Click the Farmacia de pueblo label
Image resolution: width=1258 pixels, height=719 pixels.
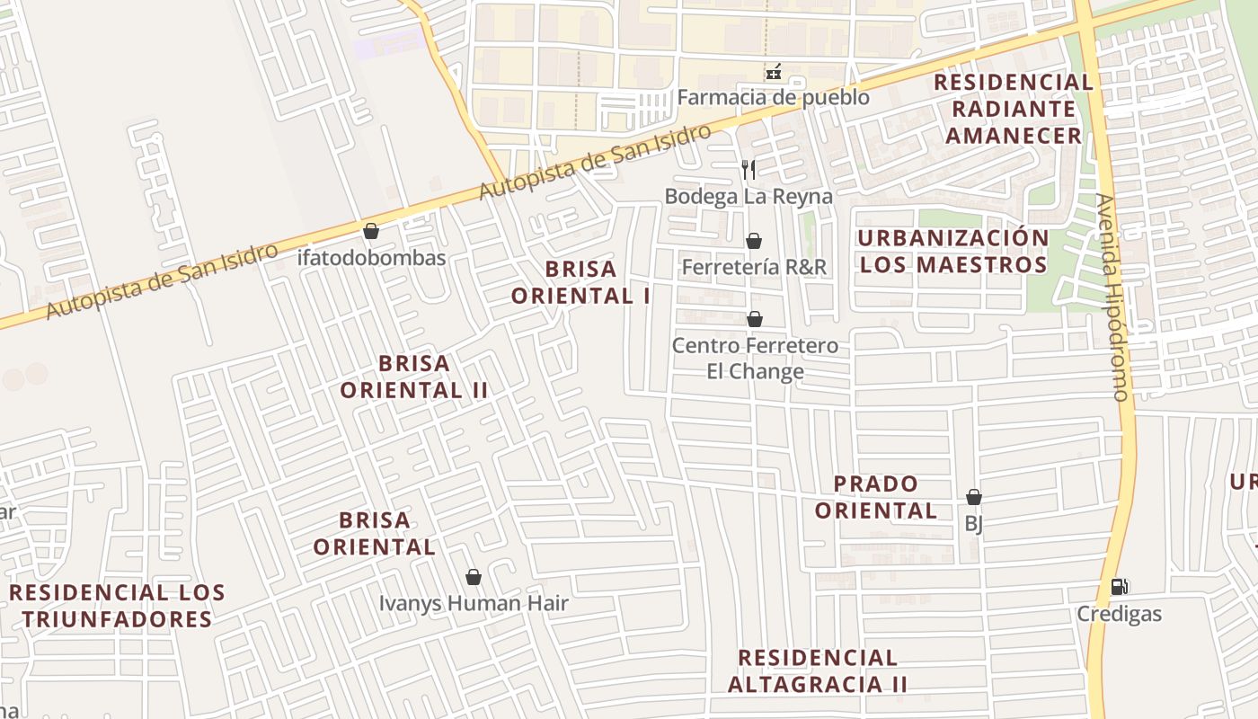773,97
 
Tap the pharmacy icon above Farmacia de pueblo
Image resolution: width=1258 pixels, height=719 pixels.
773,71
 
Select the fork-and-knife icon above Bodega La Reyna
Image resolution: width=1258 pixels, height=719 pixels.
749,169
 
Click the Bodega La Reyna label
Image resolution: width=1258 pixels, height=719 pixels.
749,196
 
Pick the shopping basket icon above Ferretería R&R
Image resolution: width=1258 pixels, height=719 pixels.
754,241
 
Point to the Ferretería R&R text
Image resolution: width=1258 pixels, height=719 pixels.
754,267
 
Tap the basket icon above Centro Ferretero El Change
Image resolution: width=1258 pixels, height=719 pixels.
755,319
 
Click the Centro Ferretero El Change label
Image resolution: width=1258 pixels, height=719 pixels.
755,359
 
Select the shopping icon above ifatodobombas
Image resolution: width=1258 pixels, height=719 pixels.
371,231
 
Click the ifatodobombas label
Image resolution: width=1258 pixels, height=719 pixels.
371,258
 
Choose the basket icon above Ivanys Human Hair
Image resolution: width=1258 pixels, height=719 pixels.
474,577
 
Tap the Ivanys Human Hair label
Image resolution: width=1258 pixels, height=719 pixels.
474,603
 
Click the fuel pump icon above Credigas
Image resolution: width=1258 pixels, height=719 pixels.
1119,587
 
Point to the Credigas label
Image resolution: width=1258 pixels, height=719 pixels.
1119,615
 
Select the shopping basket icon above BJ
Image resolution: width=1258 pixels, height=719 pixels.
974,497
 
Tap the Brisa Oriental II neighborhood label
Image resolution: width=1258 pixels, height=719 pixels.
414,377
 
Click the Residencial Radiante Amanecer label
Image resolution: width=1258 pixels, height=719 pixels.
1014,109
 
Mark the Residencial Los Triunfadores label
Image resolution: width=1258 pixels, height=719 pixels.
117,606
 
